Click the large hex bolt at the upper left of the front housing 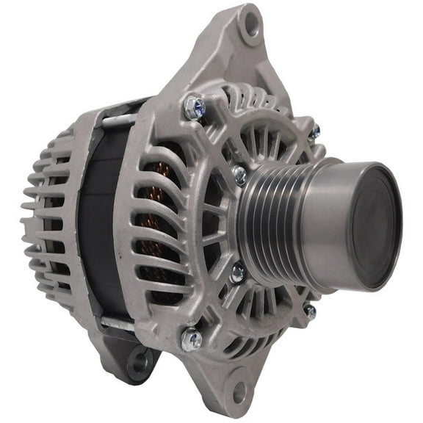pos(194,109)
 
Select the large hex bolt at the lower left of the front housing pos(192,338)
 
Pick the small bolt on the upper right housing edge pos(314,132)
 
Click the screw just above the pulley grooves pos(239,175)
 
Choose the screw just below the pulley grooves pos(237,272)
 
